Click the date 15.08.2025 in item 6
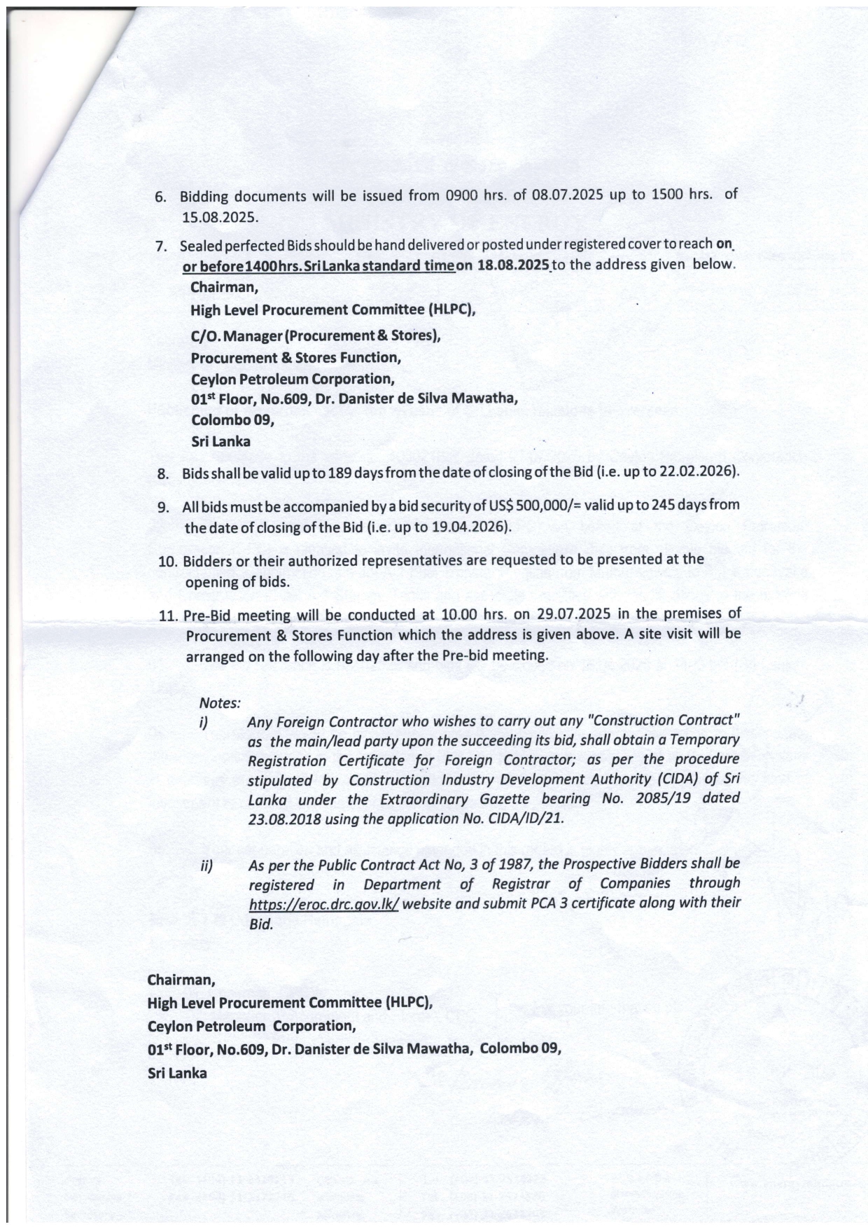click(220, 216)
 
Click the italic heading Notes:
click(220, 702)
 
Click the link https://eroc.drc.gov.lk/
click(324, 903)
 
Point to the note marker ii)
click(206, 866)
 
